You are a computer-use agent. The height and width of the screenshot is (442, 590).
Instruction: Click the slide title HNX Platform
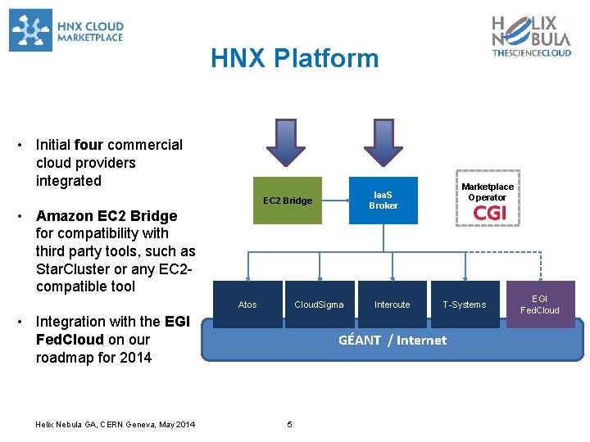click(294, 58)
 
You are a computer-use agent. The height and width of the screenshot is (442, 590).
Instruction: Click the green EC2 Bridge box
click(287, 201)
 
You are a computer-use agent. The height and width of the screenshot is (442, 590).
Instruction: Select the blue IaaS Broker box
click(383, 201)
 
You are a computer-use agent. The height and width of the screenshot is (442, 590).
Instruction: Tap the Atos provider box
click(247, 304)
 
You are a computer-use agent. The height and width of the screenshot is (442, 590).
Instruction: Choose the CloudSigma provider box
click(320, 304)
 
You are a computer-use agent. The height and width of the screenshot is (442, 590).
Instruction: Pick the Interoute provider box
click(392, 304)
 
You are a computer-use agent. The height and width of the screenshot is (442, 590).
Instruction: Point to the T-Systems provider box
click(465, 304)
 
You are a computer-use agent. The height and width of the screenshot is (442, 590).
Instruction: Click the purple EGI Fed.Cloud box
click(540, 304)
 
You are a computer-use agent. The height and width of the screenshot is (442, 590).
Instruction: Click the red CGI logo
click(489, 213)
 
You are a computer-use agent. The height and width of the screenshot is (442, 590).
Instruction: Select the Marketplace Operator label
click(487, 192)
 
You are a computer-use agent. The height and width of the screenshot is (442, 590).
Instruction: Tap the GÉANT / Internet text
click(393, 341)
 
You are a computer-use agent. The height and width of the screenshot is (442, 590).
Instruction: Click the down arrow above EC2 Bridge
click(285, 142)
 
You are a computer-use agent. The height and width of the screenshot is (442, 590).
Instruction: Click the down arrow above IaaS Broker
click(379, 142)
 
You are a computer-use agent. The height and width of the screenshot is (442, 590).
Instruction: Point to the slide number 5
click(289, 424)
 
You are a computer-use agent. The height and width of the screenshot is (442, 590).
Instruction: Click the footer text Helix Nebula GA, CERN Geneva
click(116, 424)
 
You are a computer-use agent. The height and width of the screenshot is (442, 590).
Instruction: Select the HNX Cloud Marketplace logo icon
click(30, 29)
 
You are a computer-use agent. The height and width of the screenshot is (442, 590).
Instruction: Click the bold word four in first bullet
click(88, 145)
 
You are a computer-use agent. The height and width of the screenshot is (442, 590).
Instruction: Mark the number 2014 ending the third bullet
click(134, 358)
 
